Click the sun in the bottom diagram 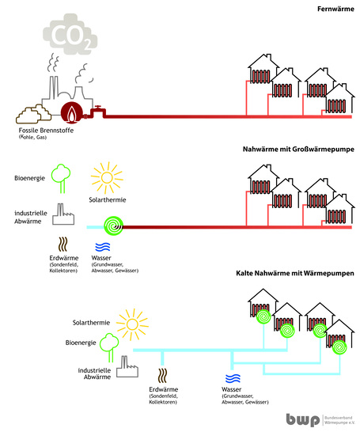(x=132, y=321)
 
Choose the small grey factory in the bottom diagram (x=126, y=364)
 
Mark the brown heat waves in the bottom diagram (x=164, y=375)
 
